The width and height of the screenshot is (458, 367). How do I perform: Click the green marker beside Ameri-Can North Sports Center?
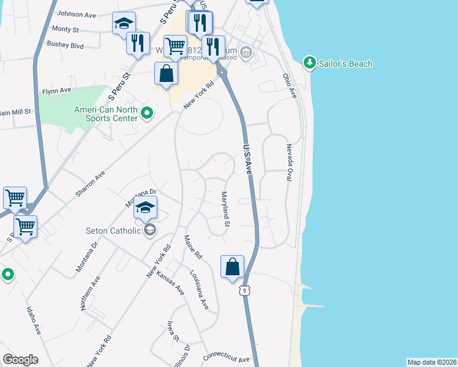[x=147, y=113]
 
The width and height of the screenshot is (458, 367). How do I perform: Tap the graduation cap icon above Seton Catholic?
[x=145, y=207]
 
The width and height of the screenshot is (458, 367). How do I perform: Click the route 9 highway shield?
[x=245, y=291]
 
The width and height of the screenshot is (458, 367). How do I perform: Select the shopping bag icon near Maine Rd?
[x=232, y=267]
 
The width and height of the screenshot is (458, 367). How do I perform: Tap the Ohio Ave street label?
[x=289, y=86]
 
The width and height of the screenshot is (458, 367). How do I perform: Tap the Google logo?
[x=20, y=360]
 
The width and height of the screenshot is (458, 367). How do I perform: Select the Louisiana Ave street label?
[x=199, y=290]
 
